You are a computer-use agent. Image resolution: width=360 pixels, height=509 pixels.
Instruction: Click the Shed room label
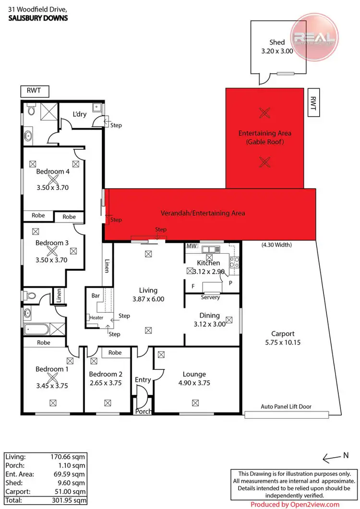(x=277, y=42)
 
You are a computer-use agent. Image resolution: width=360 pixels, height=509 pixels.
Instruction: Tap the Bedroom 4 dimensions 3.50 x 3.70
(x=53, y=188)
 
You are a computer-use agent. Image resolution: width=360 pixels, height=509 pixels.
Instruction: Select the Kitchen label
(x=209, y=263)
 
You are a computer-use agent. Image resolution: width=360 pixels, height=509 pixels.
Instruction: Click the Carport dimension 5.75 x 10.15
(x=283, y=343)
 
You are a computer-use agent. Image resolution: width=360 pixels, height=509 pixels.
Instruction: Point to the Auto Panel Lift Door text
(x=286, y=406)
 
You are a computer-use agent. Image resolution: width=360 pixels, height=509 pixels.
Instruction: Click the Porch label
(x=144, y=412)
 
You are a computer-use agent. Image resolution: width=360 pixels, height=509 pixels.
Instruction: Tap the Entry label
(x=143, y=380)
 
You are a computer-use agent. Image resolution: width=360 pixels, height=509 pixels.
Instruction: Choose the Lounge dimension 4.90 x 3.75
(x=194, y=383)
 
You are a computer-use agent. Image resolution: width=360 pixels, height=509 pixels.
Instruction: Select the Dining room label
(x=209, y=315)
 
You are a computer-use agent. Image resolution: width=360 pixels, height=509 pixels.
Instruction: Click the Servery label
(x=211, y=297)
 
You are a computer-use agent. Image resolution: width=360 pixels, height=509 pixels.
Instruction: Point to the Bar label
(x=96, y=296)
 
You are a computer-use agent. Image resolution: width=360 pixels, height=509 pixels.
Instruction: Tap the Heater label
(x=96, y=317)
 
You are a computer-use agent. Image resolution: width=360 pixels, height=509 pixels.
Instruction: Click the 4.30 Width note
(x=276, y=245)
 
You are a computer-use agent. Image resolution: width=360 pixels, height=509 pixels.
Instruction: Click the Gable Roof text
(x=265, y=142)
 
